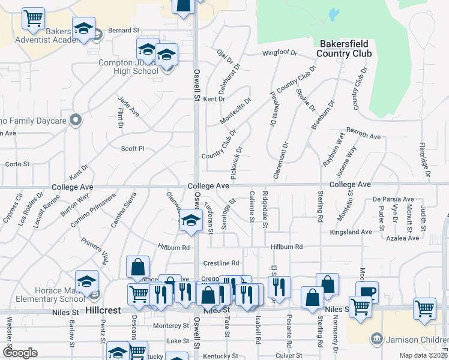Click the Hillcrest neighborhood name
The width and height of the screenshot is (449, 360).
[x=104, y=311]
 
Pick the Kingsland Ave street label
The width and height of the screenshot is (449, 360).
[x=354, y=232]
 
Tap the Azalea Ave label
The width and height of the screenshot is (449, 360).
[x=403, y=238]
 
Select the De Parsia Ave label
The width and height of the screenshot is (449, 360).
[x=393, y=199]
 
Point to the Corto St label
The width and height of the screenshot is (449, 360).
[x=17, y=164]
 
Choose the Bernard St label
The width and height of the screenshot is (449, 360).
[x=124, y=29]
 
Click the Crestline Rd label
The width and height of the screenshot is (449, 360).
[x=221, y=263]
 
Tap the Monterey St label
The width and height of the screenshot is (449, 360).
[x=171, y=325]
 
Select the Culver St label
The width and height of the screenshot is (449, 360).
[x=289, y=355]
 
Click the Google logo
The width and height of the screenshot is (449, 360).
[x=20, y=353]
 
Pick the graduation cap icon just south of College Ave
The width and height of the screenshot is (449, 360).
[x=191, y=220]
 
